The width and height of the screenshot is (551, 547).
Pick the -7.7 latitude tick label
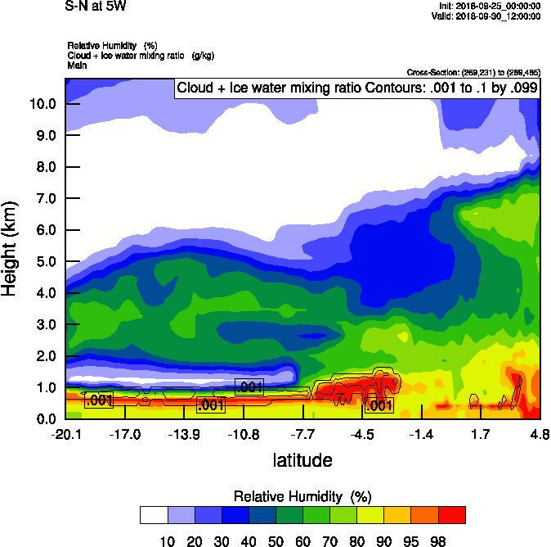303,434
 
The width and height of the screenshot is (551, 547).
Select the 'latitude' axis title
302,460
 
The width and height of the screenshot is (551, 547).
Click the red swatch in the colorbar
452,514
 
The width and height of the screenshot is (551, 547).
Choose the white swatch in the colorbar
153,514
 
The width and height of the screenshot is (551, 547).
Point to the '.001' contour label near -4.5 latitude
379,405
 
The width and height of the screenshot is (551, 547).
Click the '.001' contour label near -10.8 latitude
249,387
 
